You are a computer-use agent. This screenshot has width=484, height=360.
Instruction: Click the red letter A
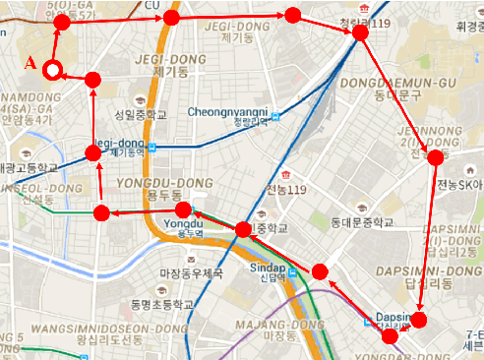pyautogui.click(x=30, y=63)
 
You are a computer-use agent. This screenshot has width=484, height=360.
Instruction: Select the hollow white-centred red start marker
pyautogui.click(x=53, y=69)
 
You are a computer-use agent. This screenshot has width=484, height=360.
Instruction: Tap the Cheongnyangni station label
pyautogui.click(x=227, y=111)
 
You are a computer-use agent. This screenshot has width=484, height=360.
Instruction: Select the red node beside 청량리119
pyautogui.click(x=360, y=32)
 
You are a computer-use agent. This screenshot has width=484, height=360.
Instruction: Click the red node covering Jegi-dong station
pyautogui.click(x=92, y=152)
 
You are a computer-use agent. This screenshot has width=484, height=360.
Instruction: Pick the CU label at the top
pyautogui.click(x=151, y=5)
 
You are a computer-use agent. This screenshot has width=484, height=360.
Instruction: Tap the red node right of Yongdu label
pyautogui.click(x=183, y=210)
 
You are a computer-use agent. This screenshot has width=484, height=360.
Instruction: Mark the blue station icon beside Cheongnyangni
pyautogui.click(x=276, y=116)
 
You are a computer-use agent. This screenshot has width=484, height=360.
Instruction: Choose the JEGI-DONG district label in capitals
pyautogui.click(x=177, y=58)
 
